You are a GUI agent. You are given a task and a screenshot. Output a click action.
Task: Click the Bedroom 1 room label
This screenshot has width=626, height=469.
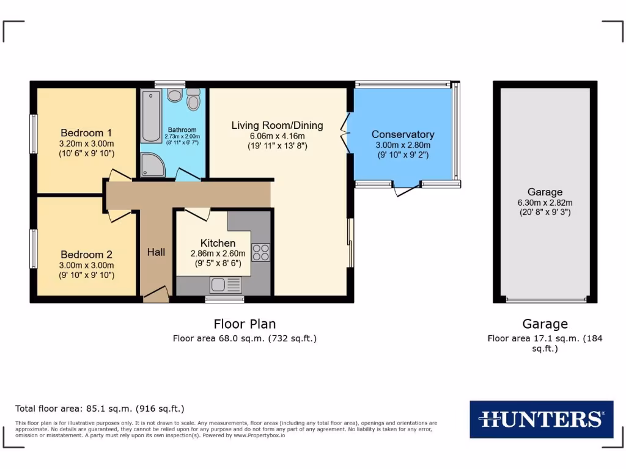86,133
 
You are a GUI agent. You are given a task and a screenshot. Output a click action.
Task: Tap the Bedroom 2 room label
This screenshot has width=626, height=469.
86,255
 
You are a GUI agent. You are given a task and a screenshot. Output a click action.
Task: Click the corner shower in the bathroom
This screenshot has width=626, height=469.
151,165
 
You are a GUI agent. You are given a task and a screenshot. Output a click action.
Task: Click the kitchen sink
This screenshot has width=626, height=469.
226,285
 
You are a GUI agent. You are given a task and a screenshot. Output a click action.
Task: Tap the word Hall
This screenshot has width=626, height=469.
156,252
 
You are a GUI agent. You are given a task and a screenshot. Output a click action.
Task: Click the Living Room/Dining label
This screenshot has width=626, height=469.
277,126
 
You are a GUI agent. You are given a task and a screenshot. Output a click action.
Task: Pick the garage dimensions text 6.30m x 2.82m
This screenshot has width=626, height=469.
545,203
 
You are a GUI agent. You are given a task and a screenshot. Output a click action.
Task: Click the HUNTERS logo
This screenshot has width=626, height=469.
541,419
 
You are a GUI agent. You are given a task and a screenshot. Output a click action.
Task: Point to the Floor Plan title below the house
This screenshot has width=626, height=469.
245,324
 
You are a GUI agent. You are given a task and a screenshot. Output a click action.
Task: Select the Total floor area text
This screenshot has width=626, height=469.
100,409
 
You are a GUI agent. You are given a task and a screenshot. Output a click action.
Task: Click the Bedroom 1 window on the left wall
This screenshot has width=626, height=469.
34,134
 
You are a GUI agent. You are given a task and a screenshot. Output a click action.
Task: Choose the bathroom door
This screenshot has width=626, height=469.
188,175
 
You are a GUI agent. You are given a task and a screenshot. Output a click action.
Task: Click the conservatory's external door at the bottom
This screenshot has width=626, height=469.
407,188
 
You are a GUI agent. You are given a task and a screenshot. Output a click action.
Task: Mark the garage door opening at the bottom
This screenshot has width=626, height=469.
546,300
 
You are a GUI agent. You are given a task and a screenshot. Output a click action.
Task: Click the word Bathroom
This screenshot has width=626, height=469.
182,129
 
